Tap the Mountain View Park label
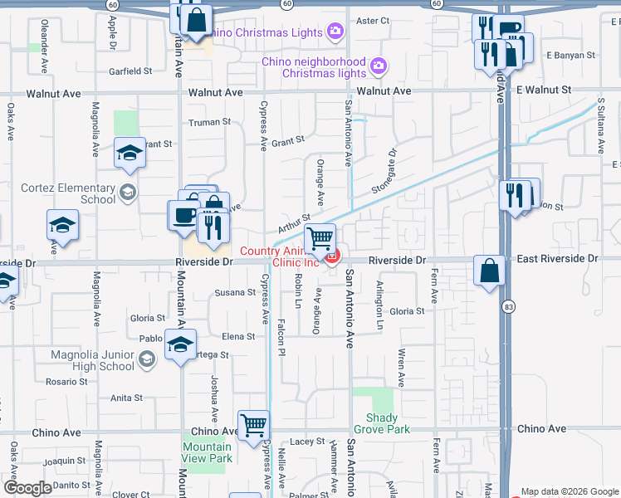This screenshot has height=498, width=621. point(207,452)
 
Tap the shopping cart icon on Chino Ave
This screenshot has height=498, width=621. point(253,425)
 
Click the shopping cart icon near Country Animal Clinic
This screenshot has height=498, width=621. point(320,238)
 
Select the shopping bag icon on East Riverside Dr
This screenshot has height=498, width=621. point(489,270)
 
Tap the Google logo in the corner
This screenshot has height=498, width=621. point(27,488)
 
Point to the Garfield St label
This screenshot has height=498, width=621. point(131,71)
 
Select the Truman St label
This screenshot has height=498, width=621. point(208,122)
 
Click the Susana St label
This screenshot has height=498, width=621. point(235,292)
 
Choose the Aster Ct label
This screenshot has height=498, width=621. point(372,20)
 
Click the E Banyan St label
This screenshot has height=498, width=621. point(571,56)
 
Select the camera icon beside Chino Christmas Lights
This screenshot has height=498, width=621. point(335,32)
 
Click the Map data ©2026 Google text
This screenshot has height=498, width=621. point(569,491)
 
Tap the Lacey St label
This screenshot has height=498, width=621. point(307,442)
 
